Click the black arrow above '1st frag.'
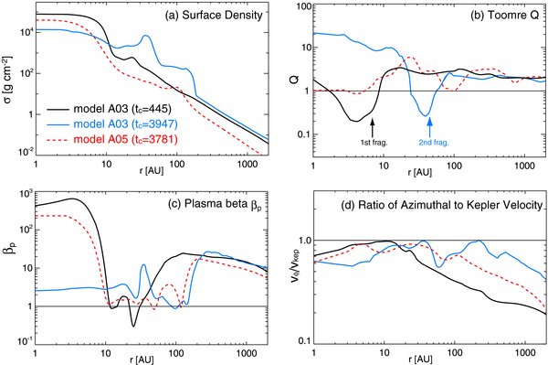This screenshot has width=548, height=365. [374, 124]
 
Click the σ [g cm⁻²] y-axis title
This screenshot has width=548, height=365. [8, 83]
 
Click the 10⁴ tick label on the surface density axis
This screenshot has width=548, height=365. [21, 33]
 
